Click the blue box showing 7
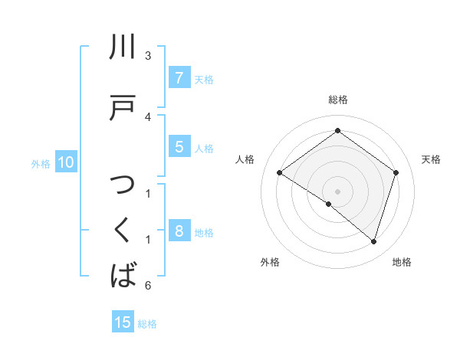[179, 77]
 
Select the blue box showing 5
[179, 147]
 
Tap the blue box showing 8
[179, 231]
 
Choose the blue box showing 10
[65, 162]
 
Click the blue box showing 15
[123, 322]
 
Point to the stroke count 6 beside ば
[148, 286]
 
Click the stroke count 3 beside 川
[148, 56]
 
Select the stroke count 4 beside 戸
[148, 116]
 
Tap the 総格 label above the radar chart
[337, 100]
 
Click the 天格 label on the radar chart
[431, 159]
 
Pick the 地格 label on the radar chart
[402, 262]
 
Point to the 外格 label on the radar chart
[270, 262]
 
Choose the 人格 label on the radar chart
[245, 159]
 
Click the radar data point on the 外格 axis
[329, 205]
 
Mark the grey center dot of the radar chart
[337, 191]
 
